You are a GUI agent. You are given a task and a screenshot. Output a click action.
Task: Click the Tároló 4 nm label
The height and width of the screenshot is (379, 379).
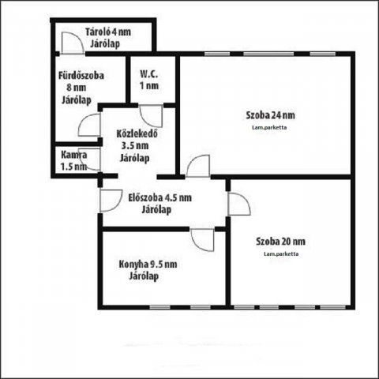tap(108, 32)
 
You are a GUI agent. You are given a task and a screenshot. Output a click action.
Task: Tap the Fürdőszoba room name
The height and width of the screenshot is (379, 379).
tap(81, 76)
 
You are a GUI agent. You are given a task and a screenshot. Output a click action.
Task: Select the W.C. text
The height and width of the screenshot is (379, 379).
tap(149, 74)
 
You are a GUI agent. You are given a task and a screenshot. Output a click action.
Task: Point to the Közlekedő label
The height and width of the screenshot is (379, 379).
tap(137, 133)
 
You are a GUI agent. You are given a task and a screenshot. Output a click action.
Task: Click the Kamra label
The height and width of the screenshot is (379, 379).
tap(74, 155)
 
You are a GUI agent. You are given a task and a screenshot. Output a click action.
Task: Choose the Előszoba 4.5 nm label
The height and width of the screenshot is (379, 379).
tap(160, 197)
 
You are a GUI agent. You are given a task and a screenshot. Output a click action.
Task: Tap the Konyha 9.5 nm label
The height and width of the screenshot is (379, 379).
tap(148, 264)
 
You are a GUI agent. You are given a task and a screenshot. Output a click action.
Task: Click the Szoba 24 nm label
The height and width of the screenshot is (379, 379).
tap(270, 115)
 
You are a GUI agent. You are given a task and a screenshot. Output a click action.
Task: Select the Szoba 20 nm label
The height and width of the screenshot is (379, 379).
tap(280, 242)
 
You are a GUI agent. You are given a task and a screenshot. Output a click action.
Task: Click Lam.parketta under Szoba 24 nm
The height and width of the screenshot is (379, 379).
tap(269, 128)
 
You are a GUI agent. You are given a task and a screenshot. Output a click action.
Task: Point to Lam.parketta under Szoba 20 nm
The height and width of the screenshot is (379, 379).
tap(281, 254)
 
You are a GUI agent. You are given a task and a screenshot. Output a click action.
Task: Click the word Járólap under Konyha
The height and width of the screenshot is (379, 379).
tap(144, 276)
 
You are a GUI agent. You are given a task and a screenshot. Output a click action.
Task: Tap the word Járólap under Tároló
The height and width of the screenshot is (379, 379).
tap(105, 43)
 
